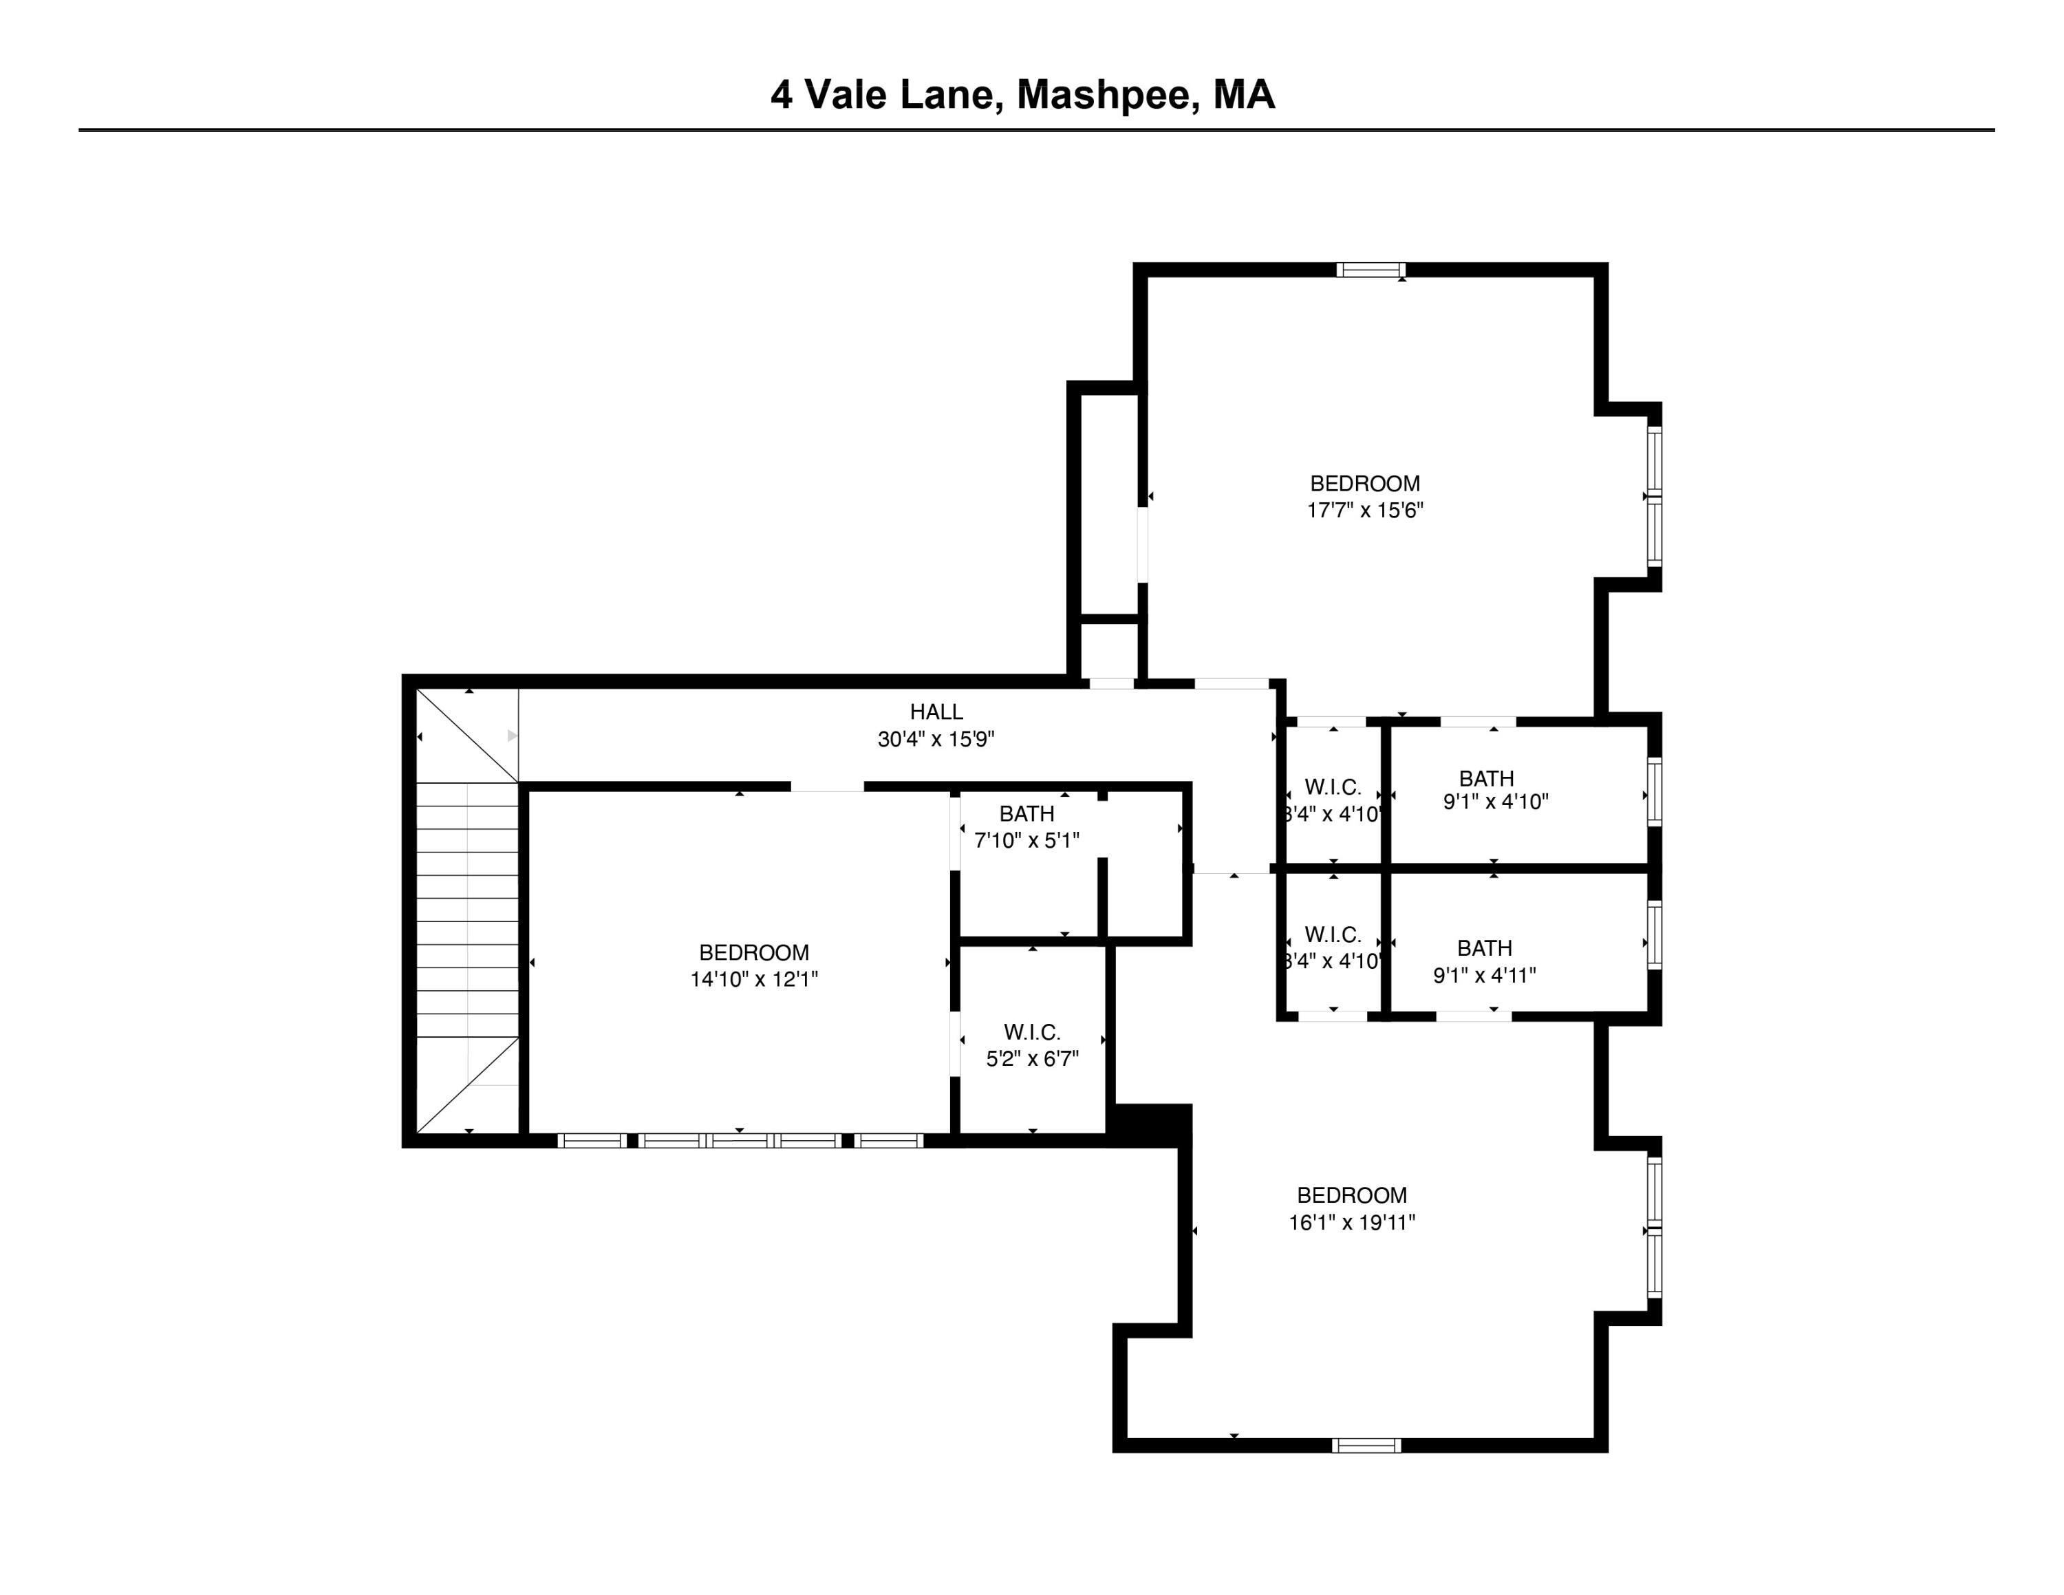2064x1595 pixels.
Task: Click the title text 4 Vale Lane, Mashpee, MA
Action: (x=1022, y=96)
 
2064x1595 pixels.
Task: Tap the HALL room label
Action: (x=936, y=712)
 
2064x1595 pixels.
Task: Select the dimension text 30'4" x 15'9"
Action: (x=936, y=740)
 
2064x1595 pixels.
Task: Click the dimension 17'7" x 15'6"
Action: (x=1365, y=511)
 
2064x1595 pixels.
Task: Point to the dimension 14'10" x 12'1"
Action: (x=753, y=980)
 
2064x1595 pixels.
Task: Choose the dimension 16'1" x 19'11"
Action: (x=1351, y=1223)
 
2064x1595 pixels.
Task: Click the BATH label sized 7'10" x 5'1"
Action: (x=1026, y=813)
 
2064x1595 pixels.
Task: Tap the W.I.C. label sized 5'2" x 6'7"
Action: (x=1032, y=1033)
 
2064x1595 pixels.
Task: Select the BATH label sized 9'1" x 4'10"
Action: (x=1485, y=779)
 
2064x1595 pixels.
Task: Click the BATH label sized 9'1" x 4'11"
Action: (x=1484, y=948)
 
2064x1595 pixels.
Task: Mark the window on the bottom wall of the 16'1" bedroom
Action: (x=1366, y=1446)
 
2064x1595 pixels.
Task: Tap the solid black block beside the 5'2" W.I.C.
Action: (x=1149, y=1124)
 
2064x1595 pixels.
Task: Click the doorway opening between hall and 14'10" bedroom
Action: (x=827, y=786)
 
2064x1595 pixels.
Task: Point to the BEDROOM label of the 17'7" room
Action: (x=1365, y=484)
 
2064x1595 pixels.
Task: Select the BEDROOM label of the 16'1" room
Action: (x=1351, y=1195)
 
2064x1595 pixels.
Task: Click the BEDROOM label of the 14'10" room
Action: (x=753, y=952)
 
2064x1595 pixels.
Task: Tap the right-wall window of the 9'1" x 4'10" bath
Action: (x=1655, y=792)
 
